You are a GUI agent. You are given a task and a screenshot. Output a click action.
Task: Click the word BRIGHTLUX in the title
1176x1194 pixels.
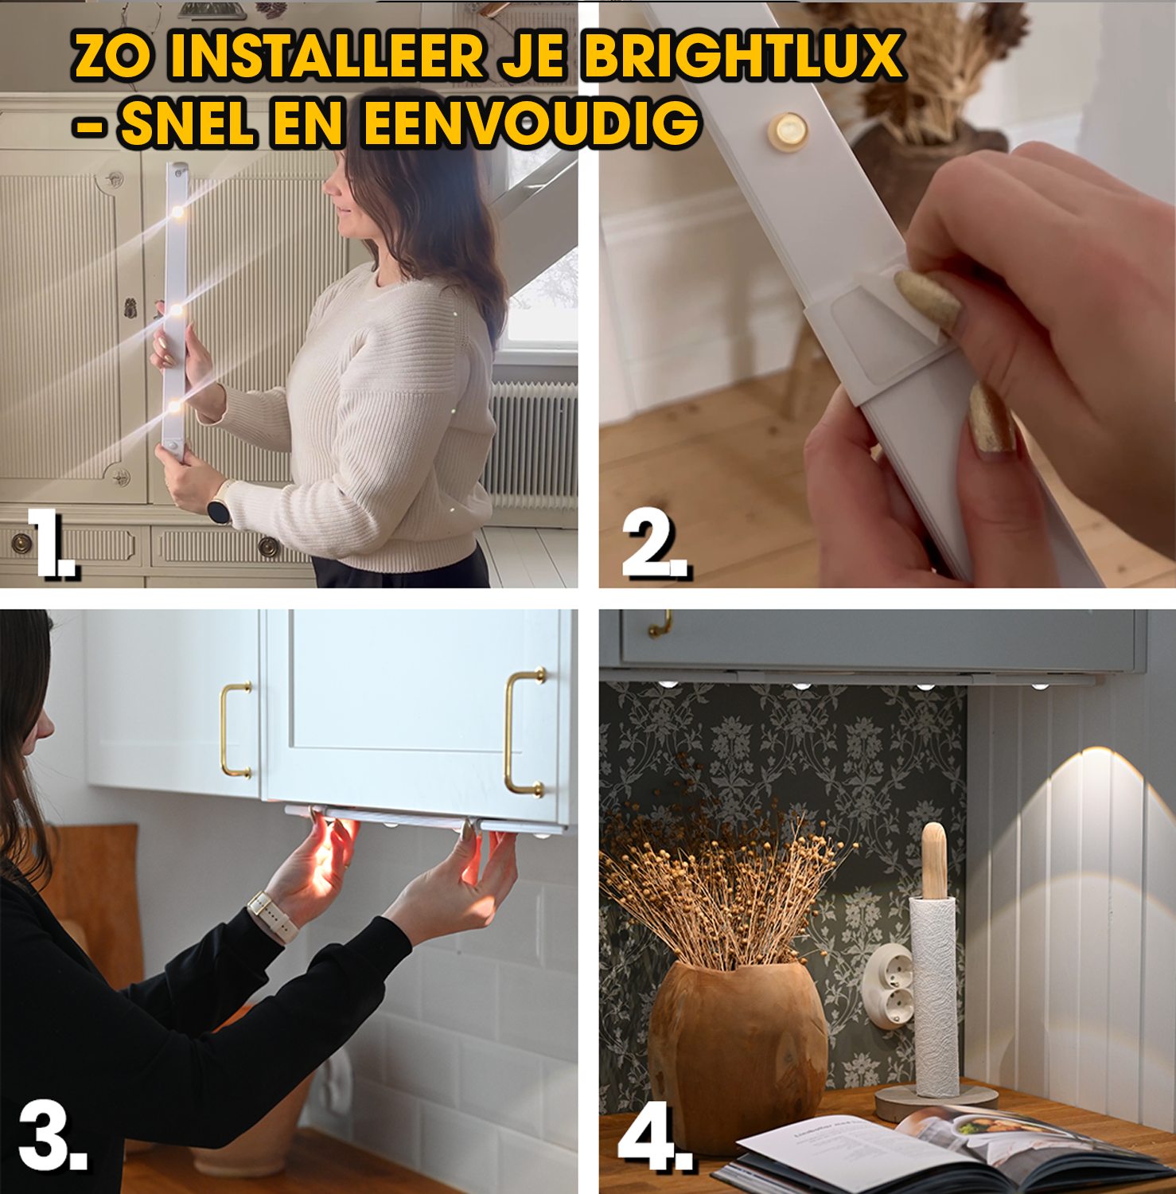click(743, 56)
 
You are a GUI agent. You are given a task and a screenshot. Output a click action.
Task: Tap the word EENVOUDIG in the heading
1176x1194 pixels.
click(532, 123)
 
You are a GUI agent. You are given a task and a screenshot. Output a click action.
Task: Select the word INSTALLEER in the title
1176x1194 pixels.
click(327, 56)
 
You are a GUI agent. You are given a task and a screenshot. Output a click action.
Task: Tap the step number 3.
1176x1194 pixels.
click(53, 1136)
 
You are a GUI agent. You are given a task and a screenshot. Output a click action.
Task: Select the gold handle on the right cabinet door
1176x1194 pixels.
click(525, 732)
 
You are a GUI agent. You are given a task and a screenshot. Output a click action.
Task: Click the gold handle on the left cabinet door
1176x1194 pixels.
click(236, 729)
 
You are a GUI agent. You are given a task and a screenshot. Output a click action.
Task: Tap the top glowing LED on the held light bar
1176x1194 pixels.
click(177, 212)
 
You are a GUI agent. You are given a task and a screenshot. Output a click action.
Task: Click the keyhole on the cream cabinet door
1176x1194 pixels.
click(130, 308)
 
